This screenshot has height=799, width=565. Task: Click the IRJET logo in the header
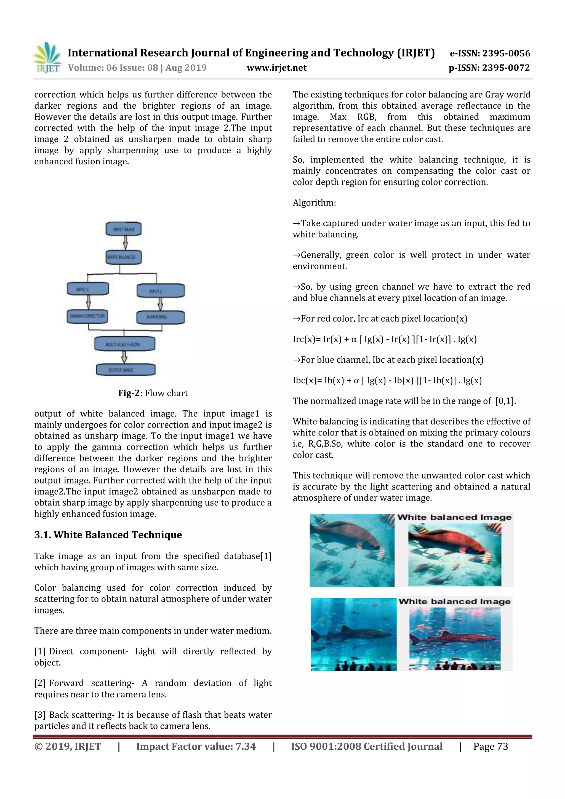pos(47,58)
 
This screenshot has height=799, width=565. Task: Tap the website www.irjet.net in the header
pos(276,68)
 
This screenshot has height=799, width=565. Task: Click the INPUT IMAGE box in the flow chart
pos(124,229)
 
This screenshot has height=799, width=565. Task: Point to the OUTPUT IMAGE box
pos(126,370)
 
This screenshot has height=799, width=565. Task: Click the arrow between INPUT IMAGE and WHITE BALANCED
pos(125,242)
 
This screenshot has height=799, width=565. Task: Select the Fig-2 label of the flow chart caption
pos(130,393)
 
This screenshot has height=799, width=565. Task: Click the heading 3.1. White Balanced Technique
pos(108,535)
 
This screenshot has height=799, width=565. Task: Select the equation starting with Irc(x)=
pos(384,339)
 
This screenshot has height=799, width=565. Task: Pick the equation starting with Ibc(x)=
pos(387,380)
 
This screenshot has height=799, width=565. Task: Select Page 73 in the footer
pos(490,746)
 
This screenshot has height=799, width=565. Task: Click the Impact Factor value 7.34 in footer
pos(196,746)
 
